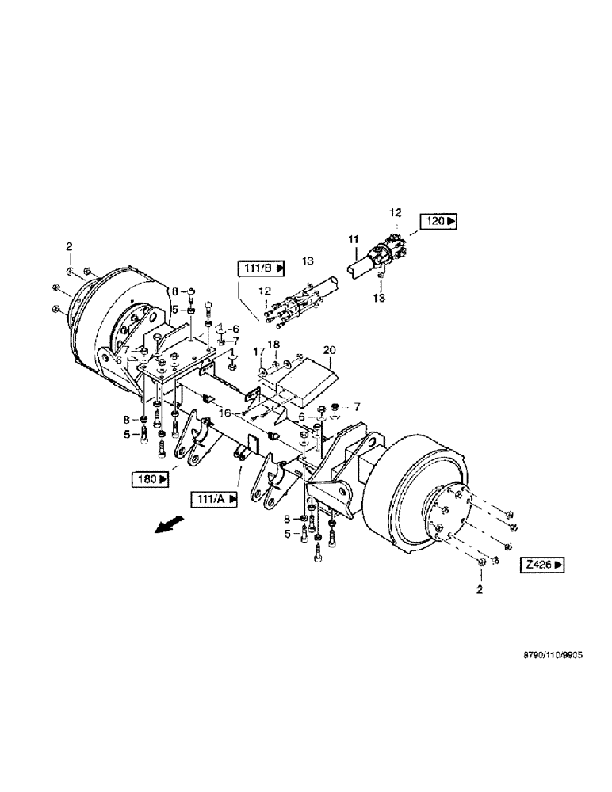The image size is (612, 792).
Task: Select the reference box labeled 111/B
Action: [259, 269]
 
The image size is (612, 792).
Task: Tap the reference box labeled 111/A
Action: [212, 498]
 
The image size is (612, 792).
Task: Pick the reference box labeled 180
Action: [150, 479]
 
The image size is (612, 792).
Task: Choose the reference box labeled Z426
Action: [542, 565]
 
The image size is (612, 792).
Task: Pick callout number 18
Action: [275, 346]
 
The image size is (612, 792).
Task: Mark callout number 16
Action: [227, 413]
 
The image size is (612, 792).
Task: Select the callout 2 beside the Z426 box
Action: [477, 589]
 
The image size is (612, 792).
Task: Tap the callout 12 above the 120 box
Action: [396, 211]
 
